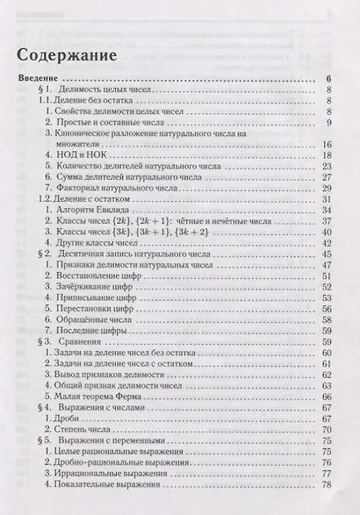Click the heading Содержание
(x=68, y=56)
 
